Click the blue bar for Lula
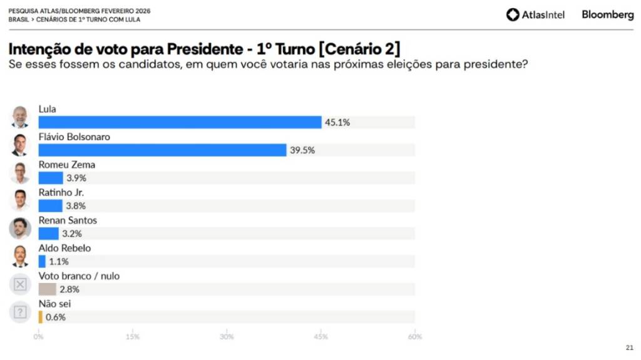coord(180,122)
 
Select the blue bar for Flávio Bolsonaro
coord(162,150)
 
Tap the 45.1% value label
coord(337,123)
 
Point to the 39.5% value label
coord(302,150)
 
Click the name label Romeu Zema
coord(67,165)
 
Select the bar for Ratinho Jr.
coord(50,206)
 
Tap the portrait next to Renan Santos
coord(20,229)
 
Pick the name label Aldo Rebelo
coord(64,248)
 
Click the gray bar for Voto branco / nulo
coord(47,289)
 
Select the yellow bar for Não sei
coord(41,317)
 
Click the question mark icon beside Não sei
coord(20,312)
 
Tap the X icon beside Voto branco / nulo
coord(20,284)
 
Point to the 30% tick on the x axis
coord(227,337)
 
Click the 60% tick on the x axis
coord(414,337)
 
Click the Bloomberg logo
coord(607,14)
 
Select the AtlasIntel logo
coord(535,14)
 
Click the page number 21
coord(629,348)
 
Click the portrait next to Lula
coord(20,117)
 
